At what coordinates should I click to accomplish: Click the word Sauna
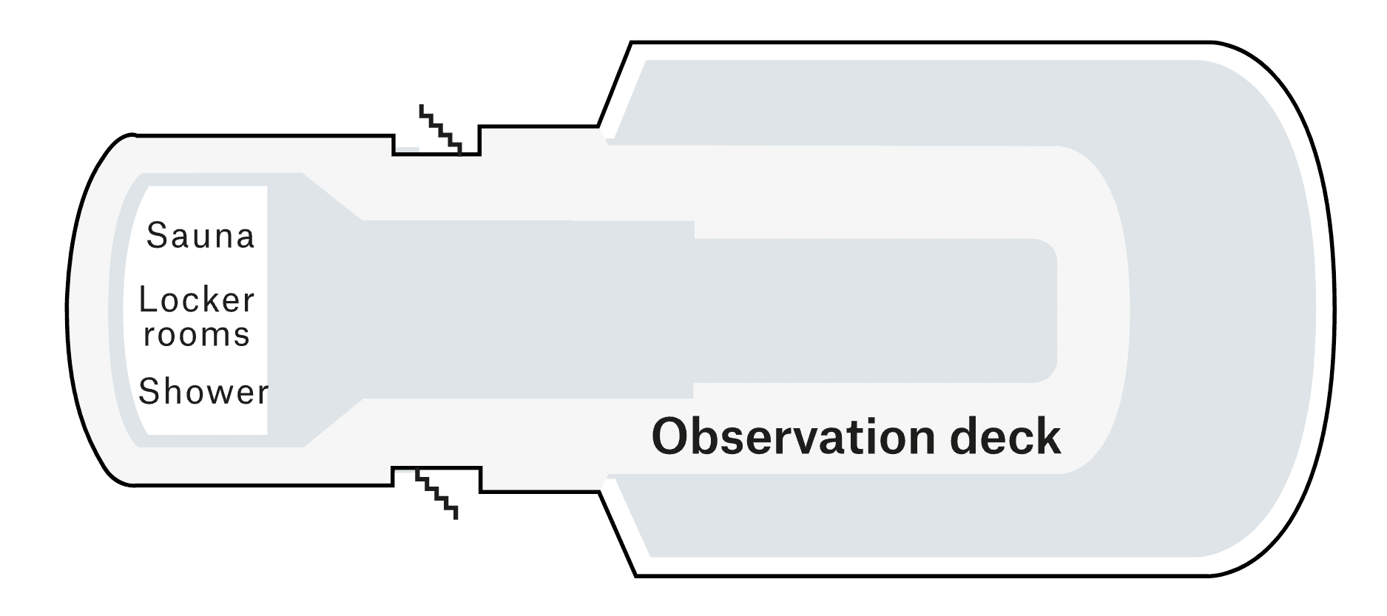point(200,236)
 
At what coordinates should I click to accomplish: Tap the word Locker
point(197,300)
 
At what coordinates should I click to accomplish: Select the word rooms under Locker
point(197,335)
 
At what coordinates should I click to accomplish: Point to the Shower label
point(203,391)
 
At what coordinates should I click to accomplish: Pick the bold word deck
point(1005,436)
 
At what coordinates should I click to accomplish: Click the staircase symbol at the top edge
point(441,129)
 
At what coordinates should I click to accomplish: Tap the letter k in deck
point(1050,436)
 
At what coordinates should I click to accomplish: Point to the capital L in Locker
point(148,300)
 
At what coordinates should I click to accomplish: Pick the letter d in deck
point(964,437)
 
